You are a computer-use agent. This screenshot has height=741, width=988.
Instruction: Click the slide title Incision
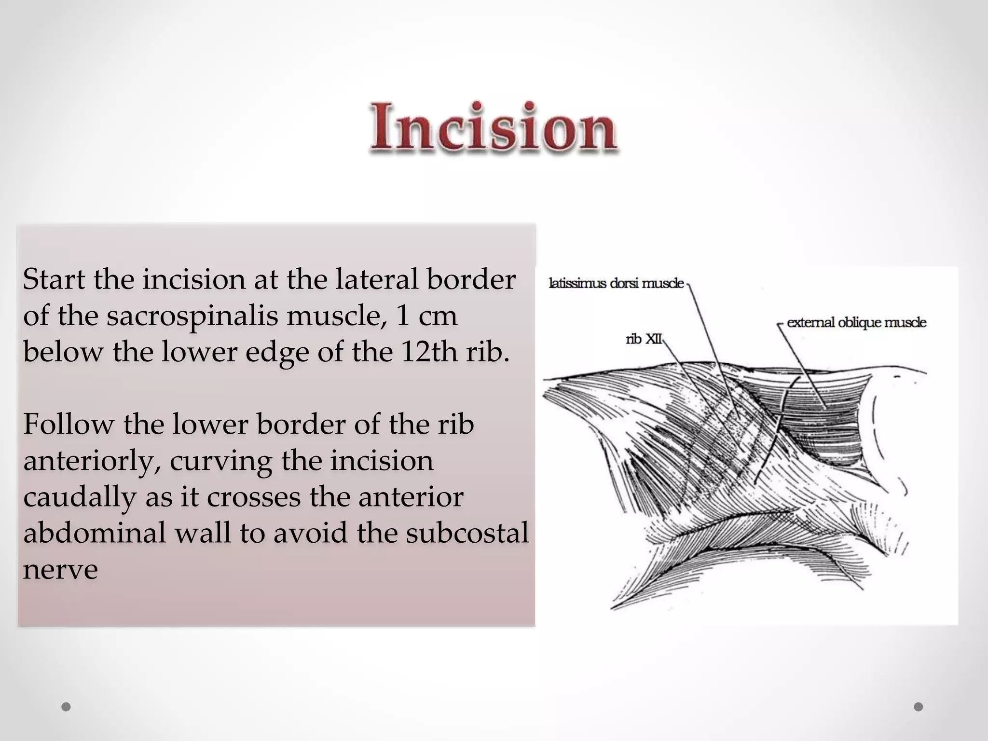[493, 127]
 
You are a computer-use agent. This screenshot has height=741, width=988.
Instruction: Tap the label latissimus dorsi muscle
[616, 284]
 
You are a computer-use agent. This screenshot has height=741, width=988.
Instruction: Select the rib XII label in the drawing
[644, 340]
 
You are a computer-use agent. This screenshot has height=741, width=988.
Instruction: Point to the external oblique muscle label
[856, 323]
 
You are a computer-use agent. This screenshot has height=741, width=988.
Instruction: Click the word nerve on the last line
[60, 569]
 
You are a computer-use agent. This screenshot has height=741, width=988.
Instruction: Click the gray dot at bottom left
[67, 707]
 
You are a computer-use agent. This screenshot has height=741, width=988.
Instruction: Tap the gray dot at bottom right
[919, 707]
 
